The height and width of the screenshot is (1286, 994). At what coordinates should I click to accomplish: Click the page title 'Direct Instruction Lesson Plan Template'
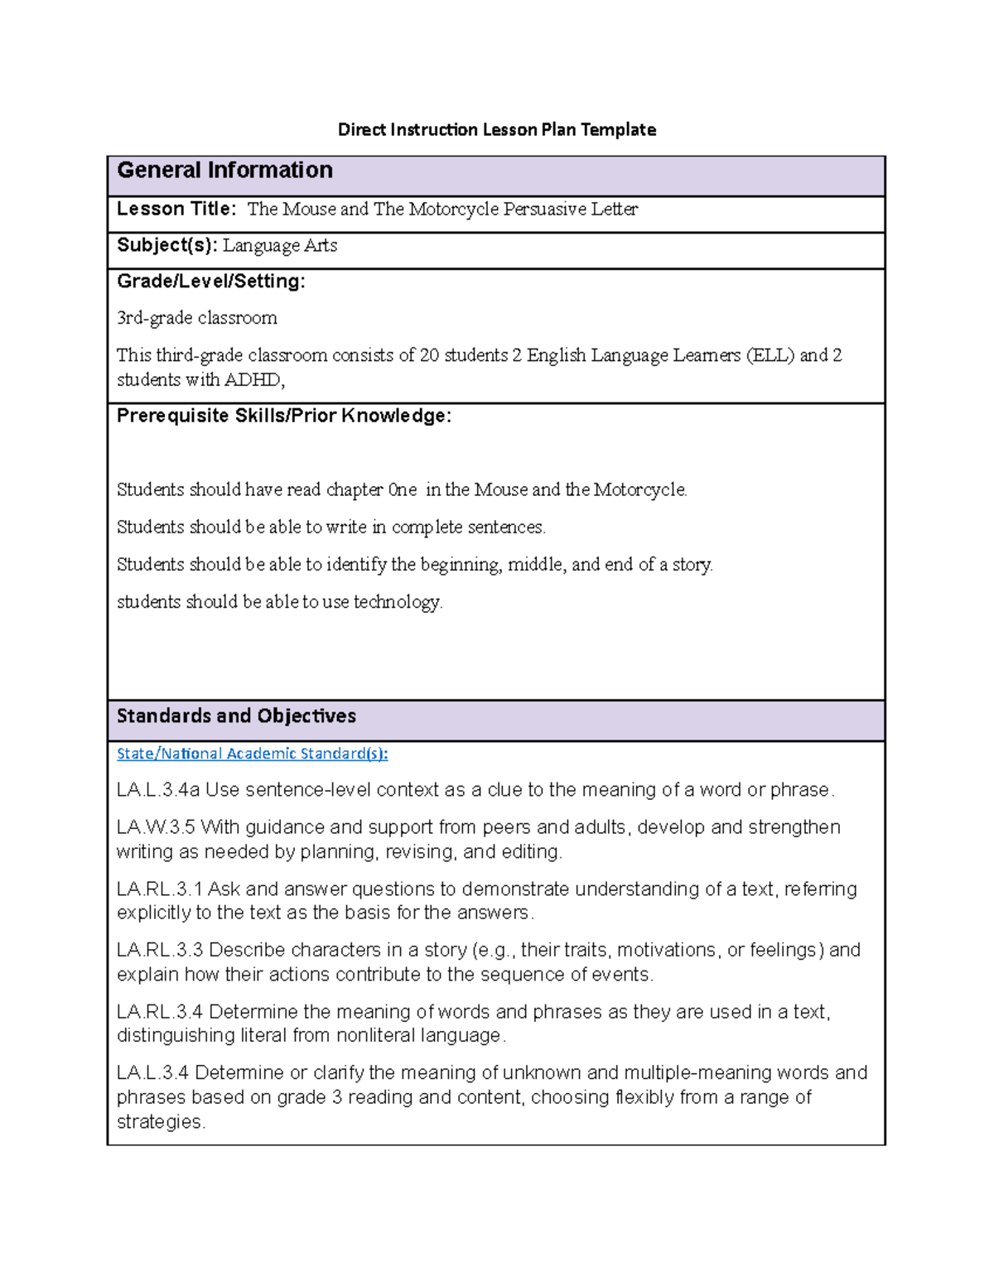496,129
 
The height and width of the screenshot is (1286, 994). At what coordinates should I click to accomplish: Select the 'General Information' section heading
224,171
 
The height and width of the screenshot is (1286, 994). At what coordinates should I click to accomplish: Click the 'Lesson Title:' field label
176,209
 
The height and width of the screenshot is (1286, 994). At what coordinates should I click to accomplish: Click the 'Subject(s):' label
166,245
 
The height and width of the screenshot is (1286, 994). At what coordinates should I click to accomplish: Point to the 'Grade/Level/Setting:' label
210,282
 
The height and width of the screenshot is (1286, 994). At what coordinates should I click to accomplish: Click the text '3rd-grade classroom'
197,318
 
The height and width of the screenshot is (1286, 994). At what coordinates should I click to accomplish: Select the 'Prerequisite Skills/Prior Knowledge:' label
283,416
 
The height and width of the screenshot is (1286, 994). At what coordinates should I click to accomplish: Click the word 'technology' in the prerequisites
397,602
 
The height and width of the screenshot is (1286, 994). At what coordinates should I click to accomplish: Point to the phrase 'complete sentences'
467,527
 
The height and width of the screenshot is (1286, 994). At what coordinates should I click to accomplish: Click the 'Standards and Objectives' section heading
236,716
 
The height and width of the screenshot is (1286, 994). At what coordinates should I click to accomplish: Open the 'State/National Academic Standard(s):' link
252,754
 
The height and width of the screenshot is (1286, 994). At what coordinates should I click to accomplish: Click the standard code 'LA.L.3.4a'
158,790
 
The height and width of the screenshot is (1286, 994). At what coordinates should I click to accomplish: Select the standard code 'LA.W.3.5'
156,827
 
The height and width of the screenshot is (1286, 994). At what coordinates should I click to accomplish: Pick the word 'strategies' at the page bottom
159,1122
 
